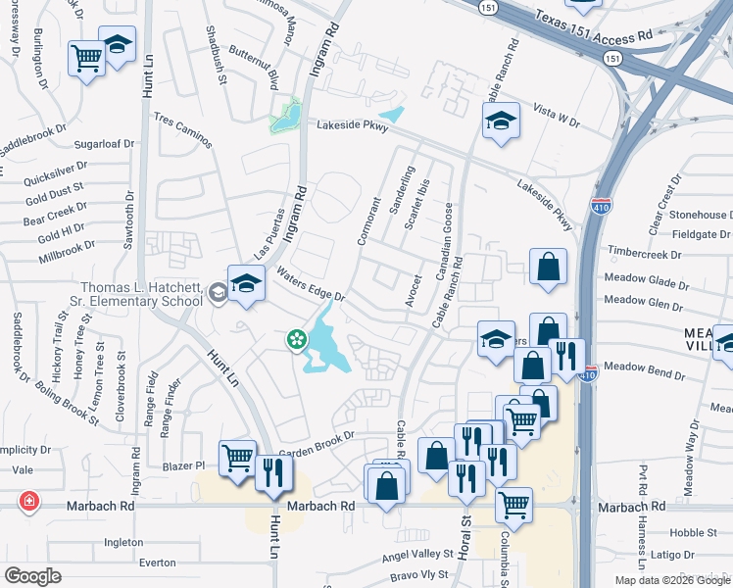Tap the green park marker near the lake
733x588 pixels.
294,340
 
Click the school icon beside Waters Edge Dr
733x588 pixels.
247,285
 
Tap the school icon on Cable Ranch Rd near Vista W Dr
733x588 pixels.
501,122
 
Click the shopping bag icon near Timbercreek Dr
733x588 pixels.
548,267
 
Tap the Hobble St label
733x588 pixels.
693,533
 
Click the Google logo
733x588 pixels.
32,576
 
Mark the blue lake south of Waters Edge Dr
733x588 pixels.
324,344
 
